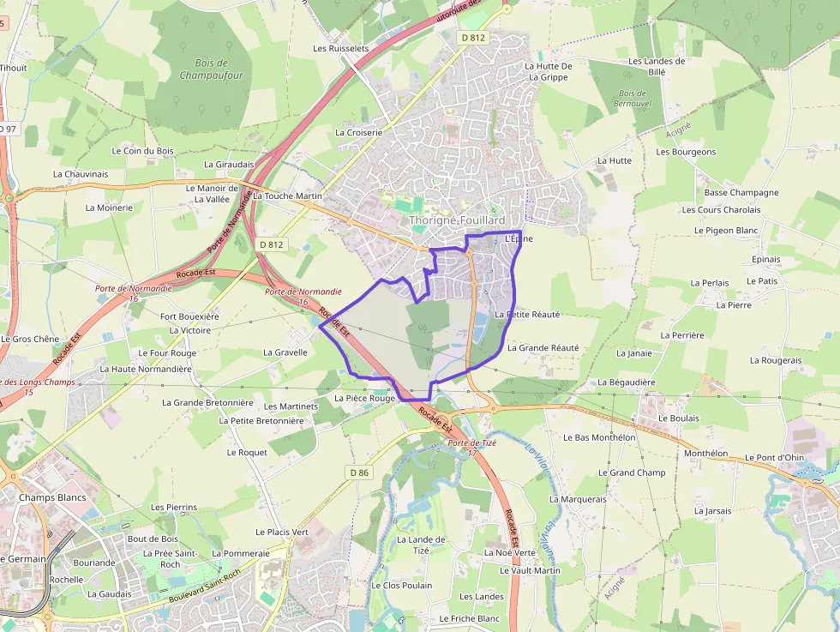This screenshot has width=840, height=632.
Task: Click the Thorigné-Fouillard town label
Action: (457, 220)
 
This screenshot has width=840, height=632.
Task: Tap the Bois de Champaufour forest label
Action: (211, 69)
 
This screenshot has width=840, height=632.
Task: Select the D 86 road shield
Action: (359, 472)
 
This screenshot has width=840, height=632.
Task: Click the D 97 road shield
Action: (7, 129)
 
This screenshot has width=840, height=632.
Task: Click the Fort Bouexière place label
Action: (189, 316)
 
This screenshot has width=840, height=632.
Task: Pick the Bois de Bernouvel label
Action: (632, 98)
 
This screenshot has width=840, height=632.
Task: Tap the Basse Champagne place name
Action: (741, 193)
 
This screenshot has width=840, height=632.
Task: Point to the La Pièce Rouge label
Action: (364, 399)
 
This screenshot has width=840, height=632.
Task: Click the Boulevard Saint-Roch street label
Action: (206, 587)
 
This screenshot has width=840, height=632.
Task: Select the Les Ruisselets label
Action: (341, 49)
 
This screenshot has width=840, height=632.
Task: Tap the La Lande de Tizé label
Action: (421, 545)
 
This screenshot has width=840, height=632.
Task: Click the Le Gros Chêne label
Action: (30, 340)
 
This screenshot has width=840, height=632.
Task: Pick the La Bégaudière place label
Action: (626, 382)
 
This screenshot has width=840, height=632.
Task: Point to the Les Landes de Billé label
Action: (657, 66)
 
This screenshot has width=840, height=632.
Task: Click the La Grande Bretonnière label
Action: (207, 403)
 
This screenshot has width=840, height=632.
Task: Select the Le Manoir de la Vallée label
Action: (212, 193)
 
